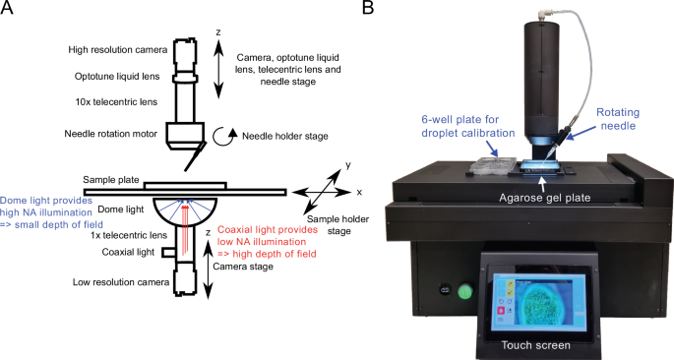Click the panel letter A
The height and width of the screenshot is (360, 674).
[8, 9]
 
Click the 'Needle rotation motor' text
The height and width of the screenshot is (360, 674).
[110, 135]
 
